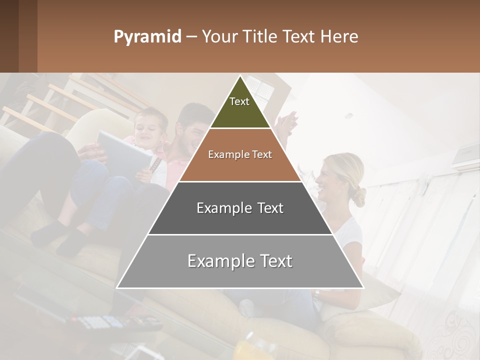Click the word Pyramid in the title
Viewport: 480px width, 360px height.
click(x=147, y=37)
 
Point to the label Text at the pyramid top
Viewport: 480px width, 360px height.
click(x=239, y=101)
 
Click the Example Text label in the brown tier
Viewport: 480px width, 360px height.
click(x=240, y=154)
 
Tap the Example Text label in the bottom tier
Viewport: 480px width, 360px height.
click(x=240, y=261)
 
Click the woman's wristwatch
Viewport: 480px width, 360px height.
click(x=316, y=294)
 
